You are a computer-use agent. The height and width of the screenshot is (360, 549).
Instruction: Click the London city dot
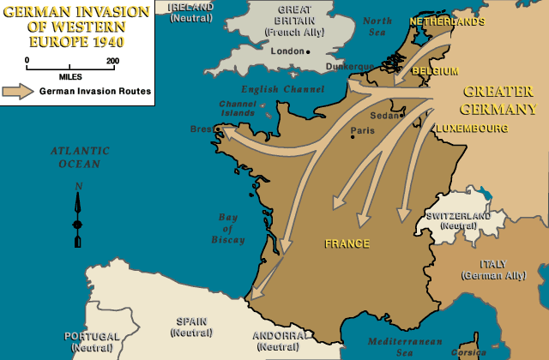coord(309,51)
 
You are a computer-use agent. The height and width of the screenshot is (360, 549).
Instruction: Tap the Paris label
coord(364,132)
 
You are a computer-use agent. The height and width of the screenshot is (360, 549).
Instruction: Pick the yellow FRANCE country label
coord(347,243)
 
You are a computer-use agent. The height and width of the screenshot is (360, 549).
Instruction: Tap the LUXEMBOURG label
coord(471,129)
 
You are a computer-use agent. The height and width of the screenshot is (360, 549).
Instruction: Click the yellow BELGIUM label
coord(435,71)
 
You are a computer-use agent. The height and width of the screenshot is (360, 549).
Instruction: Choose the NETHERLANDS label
coord(447,21)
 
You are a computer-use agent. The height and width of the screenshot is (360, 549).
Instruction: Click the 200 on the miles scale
coord(112,61)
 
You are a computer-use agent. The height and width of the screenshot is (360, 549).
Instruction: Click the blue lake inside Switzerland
coord(494,201)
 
